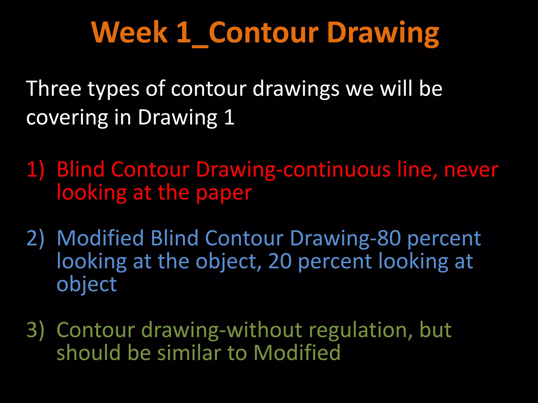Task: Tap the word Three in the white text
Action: click(x=54, y=89)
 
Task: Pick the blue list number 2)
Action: click(x=35, y=238)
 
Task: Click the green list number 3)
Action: click(x=35, y=330)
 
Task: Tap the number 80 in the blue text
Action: click(x=389, y=238)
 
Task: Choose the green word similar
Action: click(x=189, y=353)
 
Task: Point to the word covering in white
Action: click(x=67, y=117)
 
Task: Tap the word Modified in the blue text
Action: click(x=100, y=238)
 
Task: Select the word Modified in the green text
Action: click(x=297, y=353)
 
